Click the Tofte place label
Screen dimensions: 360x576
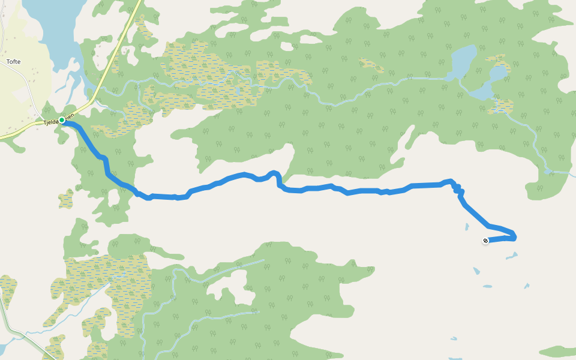(14, 62)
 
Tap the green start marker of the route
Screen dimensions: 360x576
(62, 120)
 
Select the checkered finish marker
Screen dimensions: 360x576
(485, 241)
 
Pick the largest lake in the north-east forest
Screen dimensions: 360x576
(463, 63)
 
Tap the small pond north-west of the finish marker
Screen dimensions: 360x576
(466, 227)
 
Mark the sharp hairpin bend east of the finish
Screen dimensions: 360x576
(514, 236)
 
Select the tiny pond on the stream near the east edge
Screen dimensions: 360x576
(547, 172)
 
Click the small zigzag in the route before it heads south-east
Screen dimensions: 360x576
(458, 190)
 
